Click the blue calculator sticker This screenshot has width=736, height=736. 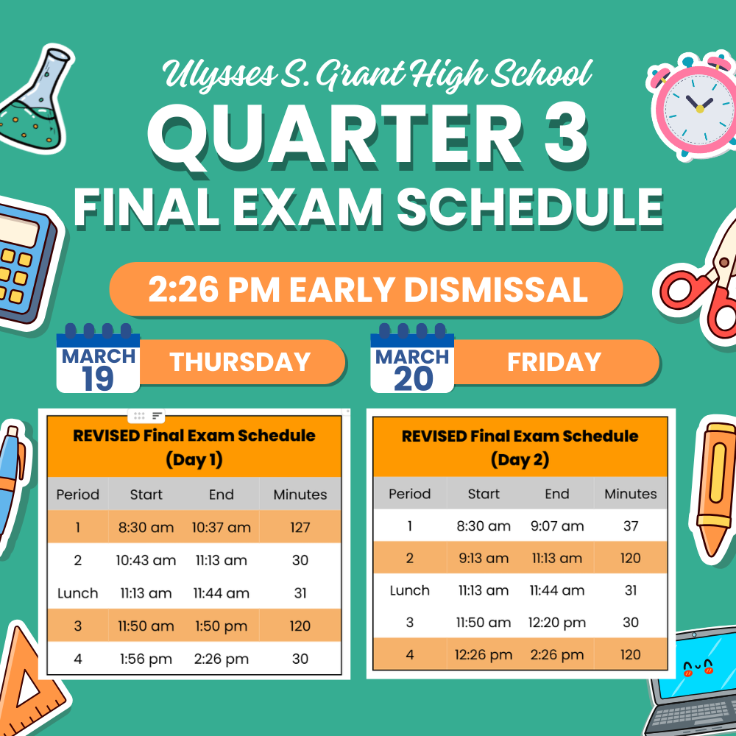[26, 263]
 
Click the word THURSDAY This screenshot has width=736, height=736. [240, 362]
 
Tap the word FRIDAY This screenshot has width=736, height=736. [554, 362]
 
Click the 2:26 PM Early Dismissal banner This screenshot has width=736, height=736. [366, 289]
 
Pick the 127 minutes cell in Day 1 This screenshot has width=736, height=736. [300, 527]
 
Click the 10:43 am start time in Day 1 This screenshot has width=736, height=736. [146, 560]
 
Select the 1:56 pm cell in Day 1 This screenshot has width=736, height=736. [146, 659]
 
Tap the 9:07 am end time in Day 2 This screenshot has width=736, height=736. [557, 526]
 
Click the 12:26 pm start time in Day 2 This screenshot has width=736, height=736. [484, 655]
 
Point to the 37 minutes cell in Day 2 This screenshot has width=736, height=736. [631, 526]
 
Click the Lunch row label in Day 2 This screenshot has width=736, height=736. [410, 590]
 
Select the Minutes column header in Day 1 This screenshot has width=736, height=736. [300, 495]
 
